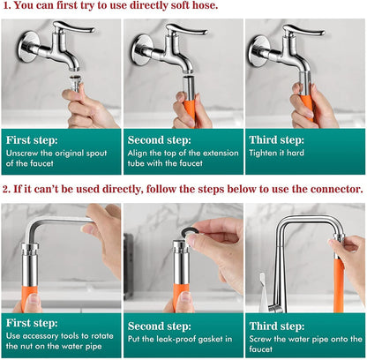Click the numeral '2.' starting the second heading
point(7,189)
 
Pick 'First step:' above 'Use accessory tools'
point(34,322)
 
